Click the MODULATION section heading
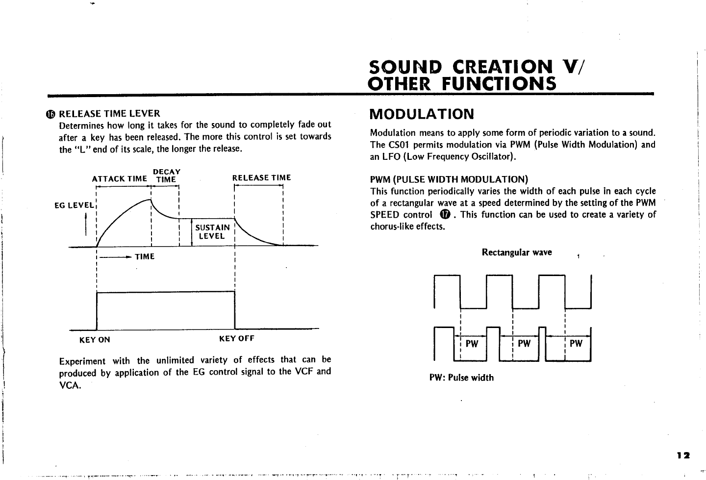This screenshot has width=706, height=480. [x=422, y=115]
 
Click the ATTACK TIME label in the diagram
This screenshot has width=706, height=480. [x=120, y=179]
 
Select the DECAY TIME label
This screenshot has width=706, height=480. [x=166, y=176]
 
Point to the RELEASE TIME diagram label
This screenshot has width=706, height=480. [x=261, y=177]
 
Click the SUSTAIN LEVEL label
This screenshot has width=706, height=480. [x=212, y=231]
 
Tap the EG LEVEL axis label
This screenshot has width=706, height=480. [x=73, y=205]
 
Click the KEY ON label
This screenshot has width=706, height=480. [x=95, y=340]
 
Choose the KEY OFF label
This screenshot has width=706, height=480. [x=237, y=339]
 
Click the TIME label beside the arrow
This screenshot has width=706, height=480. [x=145, y=256]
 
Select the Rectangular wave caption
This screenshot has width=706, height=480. [x=517, y=253]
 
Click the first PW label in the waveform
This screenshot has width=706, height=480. [x=472, y=344]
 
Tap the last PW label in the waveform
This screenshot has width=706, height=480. [x=576, y=344]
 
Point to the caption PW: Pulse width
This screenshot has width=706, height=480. [x=461, y=378]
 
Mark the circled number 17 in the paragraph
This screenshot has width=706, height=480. [x=445, y=215]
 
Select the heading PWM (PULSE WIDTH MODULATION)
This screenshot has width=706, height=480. [x=449, y=179]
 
